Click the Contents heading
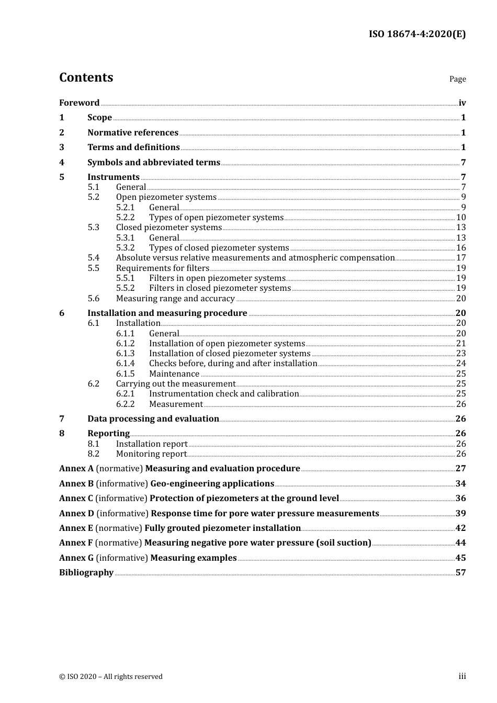[x=86, y=77]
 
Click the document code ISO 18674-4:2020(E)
[x=417, y=34]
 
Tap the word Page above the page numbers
[x=457, y=79]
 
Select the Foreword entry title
[x=79, y=103]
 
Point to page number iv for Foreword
[x=462, y=103]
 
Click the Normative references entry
[x=133, y=133]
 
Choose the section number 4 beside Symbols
[x=62, y=162]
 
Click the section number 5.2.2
[x=125, y=218]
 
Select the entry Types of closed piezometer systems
[x=219, y=248]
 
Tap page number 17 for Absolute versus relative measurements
[x=461, y=258]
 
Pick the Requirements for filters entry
[x=163, y=268]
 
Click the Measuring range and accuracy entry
[x=175, y=299]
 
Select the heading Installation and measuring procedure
[x=167, y=313]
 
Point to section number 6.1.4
[x=125, y=364]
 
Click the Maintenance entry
[x=174, y=374]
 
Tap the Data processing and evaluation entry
[x=153, y=419]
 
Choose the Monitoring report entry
[x=151, y=454]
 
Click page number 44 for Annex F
[x=460, y=543]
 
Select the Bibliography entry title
[x=86, y=573]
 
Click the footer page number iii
[x=462, y=676]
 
